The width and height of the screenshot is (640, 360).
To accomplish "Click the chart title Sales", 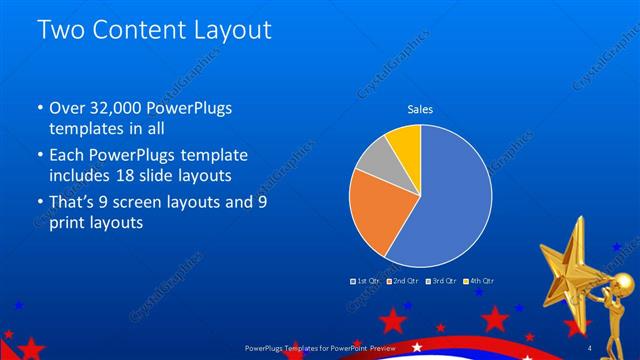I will [x=420, y=109].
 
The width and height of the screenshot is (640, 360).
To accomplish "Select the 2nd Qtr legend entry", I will [x=402, y=282].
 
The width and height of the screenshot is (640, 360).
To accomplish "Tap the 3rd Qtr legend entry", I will [x=441, y=282].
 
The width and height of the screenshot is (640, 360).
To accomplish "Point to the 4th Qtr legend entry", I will [x=479, y=282].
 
